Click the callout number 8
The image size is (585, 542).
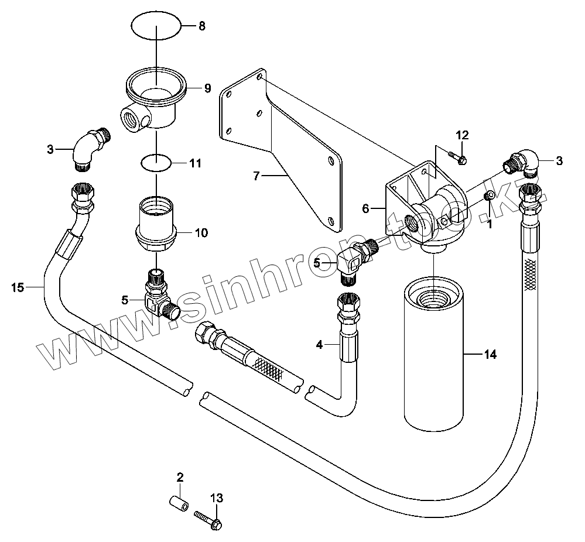point(202,26)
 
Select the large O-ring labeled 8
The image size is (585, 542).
point(156,26)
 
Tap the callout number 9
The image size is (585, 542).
point(207,88)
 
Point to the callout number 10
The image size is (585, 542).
point(201,233)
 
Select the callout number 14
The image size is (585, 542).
point(490,355)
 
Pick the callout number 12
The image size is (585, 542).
point(463,136)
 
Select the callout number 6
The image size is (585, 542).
point(365,208)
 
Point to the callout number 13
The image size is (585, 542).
point(217,499)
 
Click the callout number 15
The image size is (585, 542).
point(18,287)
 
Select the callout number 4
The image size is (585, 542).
point(319,345)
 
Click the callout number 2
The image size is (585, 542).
point(180,476)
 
